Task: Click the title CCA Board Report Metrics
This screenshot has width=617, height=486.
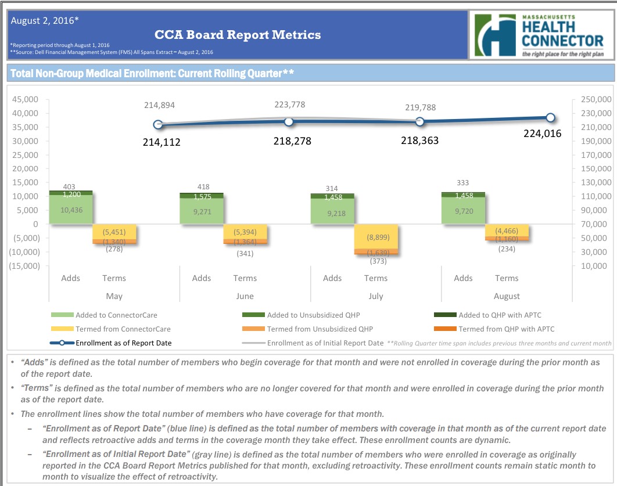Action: pyautogui.click(x=238, y=35)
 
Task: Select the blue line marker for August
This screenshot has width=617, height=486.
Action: pyautogui.click(x=550, y=118)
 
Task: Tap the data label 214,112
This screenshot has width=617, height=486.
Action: pyautogui.click(x=162, y=142)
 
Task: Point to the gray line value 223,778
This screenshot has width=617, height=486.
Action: pyautogui.click(x=289, y=105)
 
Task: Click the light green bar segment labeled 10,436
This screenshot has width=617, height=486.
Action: pyautogui.click(x=71, y=210)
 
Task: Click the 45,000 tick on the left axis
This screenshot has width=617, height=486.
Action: pyautogui.click(x=26, y=99)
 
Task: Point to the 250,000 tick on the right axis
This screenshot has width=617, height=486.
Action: pyautogui.click(x=596, y=99)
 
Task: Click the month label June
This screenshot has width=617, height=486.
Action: pyautogui.click(x=245, y=296)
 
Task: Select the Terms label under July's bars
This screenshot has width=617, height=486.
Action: pyautogui.click(x=375, y=278)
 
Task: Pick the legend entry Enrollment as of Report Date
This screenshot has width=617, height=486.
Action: pyautogui.click(x=123, y=343)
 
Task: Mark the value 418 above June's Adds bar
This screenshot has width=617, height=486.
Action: pyautogui.click(x=202, y=187)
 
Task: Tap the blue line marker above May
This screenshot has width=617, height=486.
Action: pyautogui.click(x=158, y=124)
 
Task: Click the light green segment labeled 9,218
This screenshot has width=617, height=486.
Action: pyautogui.click(x=332, y=213)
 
